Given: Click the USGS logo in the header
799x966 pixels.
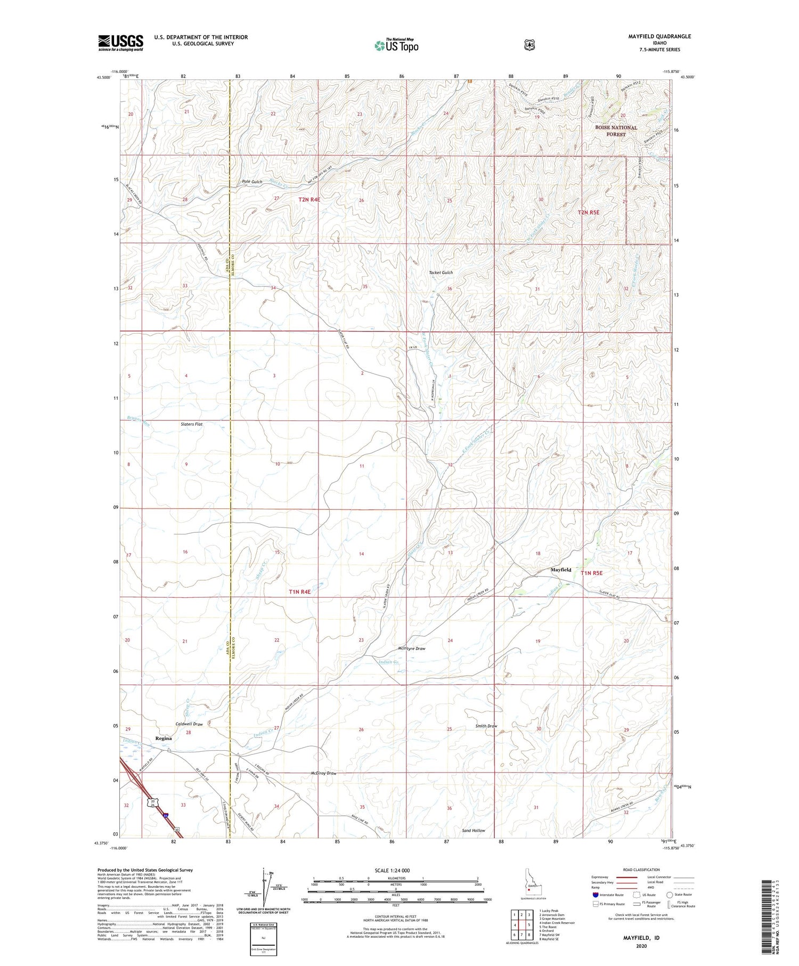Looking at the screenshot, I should tap(120, 43).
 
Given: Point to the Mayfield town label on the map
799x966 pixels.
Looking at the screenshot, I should tap(560, 570).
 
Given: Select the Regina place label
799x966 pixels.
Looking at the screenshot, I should tap(163, 738).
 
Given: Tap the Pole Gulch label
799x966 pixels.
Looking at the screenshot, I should tap(252, 182).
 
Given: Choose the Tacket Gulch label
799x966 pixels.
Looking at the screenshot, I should tap(441, 273).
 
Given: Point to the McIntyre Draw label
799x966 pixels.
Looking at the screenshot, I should tap(412, 648).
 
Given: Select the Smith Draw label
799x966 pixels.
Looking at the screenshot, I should tap(486, 726).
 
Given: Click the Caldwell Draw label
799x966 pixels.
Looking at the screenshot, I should tap(189, 724).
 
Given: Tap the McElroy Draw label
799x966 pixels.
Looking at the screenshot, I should tap(323, 773).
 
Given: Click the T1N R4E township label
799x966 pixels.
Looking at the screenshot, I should tap(299, 591).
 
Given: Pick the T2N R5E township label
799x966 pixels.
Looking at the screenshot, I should tap(588, 213).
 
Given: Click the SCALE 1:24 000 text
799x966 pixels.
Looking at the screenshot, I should tap(393, 870).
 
